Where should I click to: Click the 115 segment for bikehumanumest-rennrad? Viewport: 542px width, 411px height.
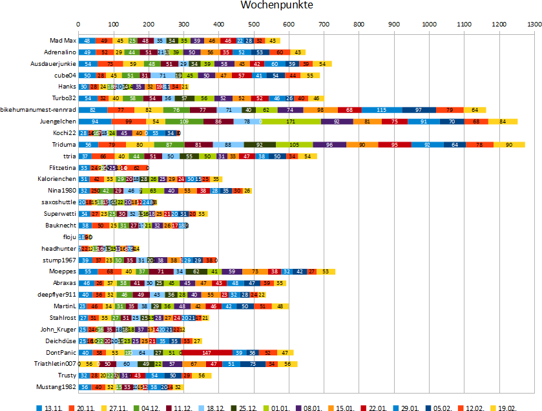381,110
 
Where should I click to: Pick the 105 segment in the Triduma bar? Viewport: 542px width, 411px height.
294,145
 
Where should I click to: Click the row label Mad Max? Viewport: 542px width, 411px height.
63,41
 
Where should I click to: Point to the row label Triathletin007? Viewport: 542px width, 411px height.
55,364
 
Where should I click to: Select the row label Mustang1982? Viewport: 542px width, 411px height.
57,387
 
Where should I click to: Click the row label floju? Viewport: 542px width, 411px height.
68,237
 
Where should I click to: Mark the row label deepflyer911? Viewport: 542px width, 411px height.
57,295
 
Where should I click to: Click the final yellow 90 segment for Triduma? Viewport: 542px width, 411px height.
509,145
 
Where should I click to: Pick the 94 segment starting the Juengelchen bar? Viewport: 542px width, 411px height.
96,121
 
